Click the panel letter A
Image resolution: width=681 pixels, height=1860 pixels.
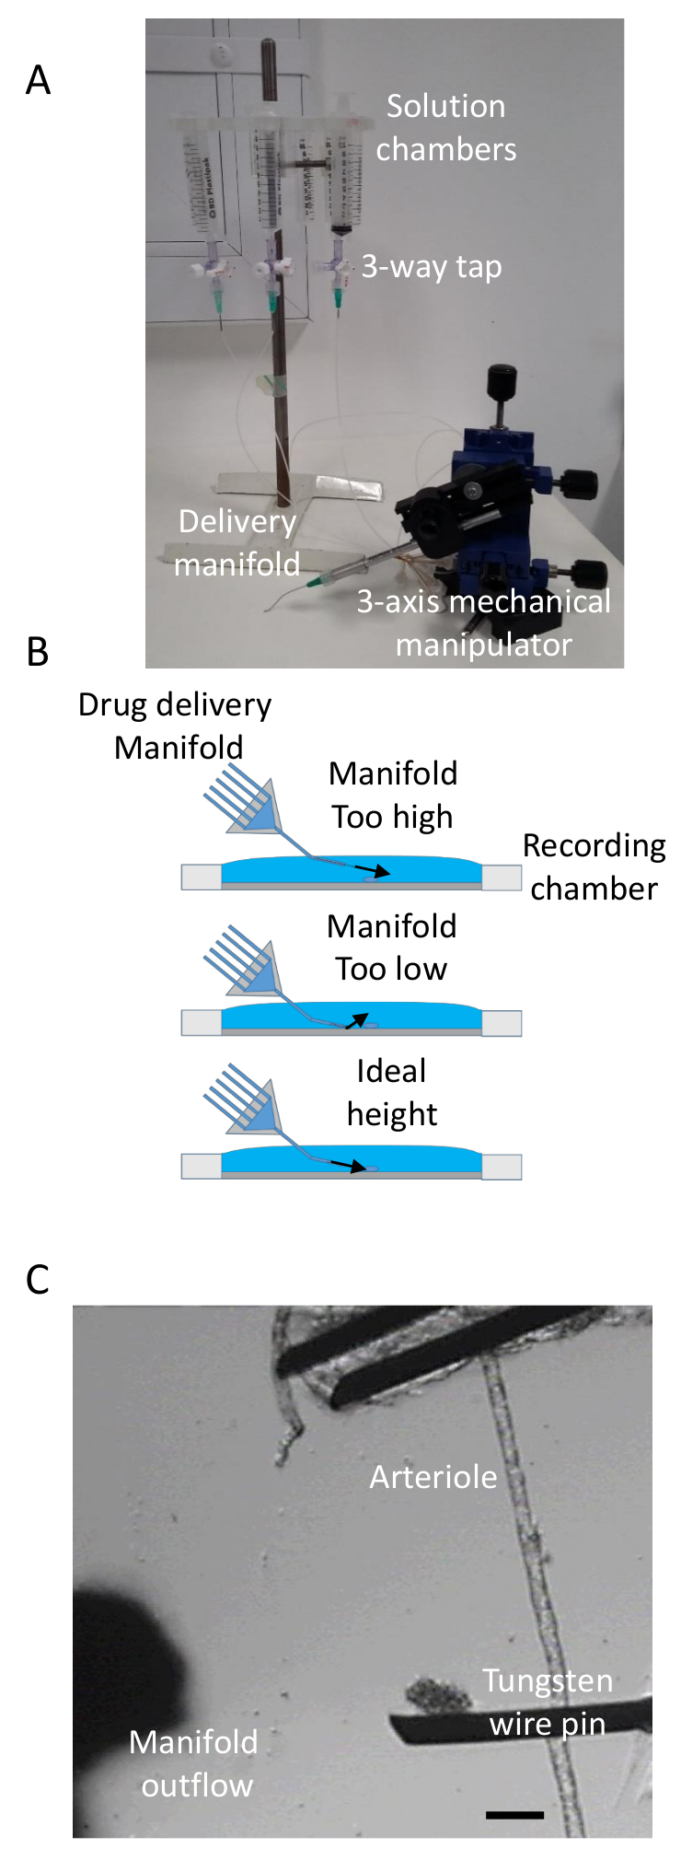pos(38,81)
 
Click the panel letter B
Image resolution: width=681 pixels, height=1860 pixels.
pos(38,652)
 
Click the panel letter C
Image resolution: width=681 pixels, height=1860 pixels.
pos(38,1279)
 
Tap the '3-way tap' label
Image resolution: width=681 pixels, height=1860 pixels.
pos(431,267)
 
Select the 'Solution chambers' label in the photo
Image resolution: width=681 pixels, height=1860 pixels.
pos(445,128)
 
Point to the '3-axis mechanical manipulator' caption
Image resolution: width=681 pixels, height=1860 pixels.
pos(483,622)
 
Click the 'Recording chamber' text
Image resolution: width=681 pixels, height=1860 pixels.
pos(594,866)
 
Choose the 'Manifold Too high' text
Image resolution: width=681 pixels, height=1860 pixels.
pos(392,795)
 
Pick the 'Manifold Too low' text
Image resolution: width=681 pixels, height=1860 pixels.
pos(391,947)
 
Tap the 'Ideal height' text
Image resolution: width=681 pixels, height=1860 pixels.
pos(391,1092)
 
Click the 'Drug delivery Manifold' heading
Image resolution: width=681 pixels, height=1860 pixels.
pos(175,726)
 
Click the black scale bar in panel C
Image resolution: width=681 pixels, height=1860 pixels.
pos(514,1815)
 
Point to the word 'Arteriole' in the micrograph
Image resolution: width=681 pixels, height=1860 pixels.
pos(433,1477)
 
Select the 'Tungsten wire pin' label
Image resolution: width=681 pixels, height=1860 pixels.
pos(548,1702)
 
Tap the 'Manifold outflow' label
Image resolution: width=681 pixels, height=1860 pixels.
pos(194,1763)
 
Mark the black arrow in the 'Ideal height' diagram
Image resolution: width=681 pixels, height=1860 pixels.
pos(349,1166)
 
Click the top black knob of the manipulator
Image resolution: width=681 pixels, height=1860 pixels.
pos(502,378)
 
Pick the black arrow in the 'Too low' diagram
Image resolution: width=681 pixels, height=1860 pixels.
pos(356,1019)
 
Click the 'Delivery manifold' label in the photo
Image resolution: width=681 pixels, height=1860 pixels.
pos(237,542)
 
